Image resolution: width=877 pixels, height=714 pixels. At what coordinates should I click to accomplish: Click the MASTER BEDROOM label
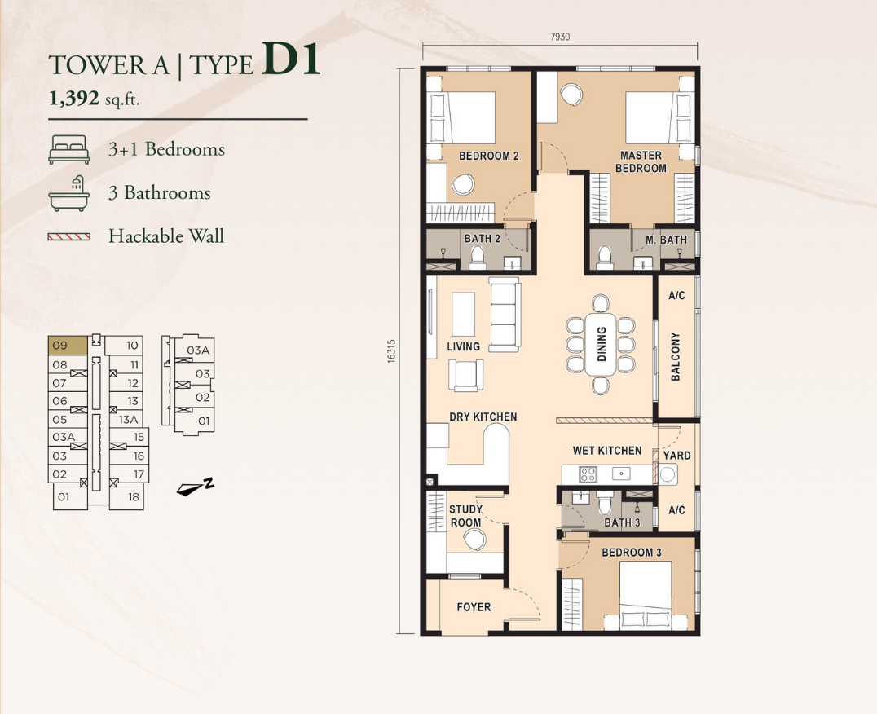[x=641, y=161]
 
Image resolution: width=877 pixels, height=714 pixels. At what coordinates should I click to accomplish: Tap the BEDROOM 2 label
[x=489, y=156]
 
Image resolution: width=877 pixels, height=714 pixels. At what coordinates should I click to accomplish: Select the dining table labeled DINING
[x=601, y=345]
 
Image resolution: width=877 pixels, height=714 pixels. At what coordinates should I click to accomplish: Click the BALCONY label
[x=676, y=357]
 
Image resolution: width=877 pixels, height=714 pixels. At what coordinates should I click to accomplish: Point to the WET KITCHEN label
[x=607, y=451]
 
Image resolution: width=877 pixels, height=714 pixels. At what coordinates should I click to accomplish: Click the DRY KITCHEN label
[x=483, y=417]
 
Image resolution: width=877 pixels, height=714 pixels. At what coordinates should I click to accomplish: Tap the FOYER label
[x=474, y=607]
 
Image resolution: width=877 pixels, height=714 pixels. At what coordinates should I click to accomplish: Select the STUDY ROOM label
[x=466, y=516]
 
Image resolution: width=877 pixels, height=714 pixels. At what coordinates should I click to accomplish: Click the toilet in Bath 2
[x=477, y=258]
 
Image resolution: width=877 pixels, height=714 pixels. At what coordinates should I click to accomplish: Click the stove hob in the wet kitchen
[x=588, y=474]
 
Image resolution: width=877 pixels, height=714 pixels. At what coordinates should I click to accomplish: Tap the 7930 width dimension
[x=560, y=37]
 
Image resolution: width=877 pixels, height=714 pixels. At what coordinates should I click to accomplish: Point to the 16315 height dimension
[x=391, y=351]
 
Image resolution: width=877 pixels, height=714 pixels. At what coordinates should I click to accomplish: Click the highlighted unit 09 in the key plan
[x=68, y=346]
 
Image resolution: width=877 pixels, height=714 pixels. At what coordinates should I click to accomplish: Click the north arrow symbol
[x=195, y=487]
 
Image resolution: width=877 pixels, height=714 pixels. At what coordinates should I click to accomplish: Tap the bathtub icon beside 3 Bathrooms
[x=68, y=193]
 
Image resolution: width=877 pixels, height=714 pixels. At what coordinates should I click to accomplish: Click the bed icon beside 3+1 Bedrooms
[x=68, y=150]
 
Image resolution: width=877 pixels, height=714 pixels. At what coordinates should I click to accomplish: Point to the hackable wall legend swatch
[x=68, y=237]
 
